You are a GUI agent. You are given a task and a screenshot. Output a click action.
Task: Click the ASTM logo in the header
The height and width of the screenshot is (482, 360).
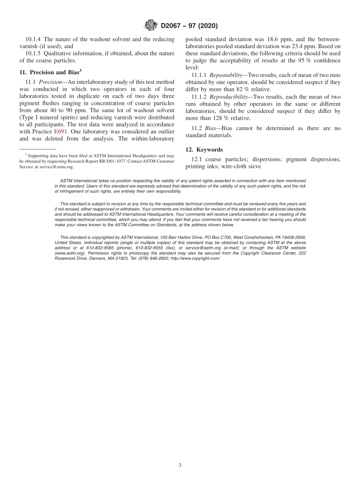151,26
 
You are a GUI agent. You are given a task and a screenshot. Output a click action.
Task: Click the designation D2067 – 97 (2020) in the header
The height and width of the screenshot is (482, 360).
189,26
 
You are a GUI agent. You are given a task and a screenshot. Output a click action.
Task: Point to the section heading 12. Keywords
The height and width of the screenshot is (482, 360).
204,150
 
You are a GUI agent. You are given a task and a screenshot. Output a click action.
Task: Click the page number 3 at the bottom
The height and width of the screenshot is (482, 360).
180,465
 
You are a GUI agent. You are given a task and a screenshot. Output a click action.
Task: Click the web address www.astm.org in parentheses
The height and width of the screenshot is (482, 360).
68,253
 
